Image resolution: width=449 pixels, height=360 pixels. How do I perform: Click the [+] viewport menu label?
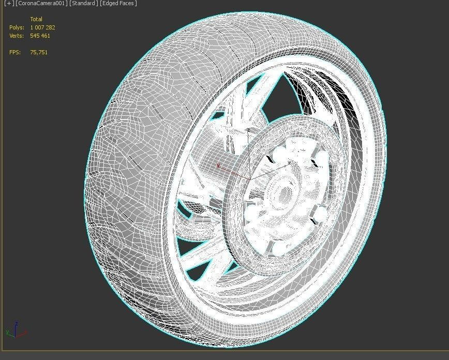click(x=8, y=4)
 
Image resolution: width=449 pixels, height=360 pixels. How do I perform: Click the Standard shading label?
click(x=83, y=4)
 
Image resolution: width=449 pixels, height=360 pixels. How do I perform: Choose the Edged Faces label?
click(x=118, y=4)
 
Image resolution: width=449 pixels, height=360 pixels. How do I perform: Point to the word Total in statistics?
click(x=36, y=19)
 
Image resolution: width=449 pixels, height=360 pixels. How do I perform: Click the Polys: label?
click(x=17, y=27)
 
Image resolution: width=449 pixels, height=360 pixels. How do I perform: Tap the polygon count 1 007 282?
click(x=42, y=27)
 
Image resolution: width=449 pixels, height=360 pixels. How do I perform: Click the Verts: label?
click(x=17, y=36)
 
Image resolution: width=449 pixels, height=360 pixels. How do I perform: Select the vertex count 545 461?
click(x=40, y=36)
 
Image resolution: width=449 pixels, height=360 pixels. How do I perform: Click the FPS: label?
click(x=15, y=52)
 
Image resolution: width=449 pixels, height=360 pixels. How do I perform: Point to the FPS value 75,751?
click(x=39, y=52)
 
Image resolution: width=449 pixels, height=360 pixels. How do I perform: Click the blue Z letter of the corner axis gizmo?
click(x=16, y=323)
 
